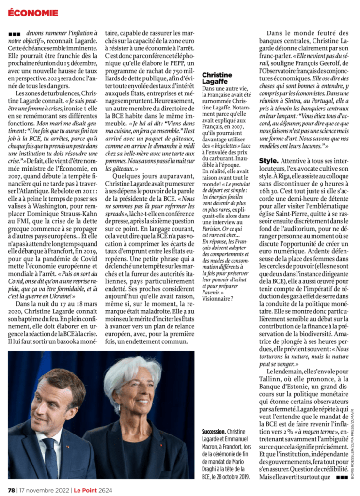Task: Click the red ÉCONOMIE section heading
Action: pos(33,12)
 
